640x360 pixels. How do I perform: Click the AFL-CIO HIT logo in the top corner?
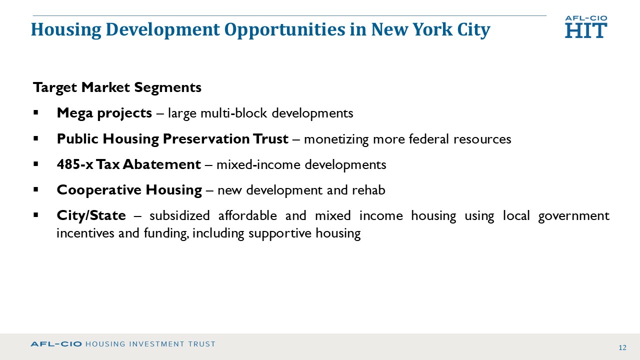[x=586, y=27]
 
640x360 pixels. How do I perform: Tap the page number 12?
[x=622, y=347]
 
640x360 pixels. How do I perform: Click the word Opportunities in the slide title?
[x=285, y=30]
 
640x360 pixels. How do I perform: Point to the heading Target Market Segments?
[x=117, y=87]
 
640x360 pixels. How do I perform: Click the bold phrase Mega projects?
[x=104, y=113]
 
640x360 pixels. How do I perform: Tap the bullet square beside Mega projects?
[x=35, y=112]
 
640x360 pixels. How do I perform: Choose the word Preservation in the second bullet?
[x=205, y=139]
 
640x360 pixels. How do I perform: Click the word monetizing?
[x=336, y=139]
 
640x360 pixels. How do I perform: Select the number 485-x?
[x=75, y=164]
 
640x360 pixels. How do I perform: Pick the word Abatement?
[x=162, y=164]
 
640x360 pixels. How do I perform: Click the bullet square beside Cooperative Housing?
[x=35, y=189]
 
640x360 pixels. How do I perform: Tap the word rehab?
[x=368, y=190]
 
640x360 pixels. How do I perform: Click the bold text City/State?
[x=91, y=215]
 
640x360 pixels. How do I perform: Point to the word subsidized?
[x=179, y=215]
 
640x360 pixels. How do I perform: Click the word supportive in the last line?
[x=279, y=233]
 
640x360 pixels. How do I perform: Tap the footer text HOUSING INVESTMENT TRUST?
[x=150, y=344]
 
